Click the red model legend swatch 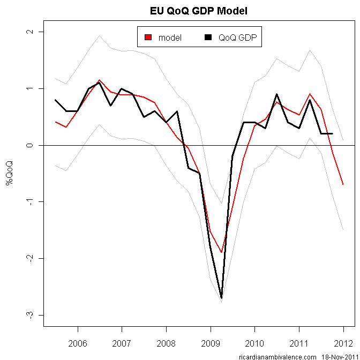click(148, 37)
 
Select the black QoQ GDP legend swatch click(208, 37)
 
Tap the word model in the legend click(170, 37)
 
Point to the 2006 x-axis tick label click(78, 343)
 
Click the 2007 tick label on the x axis click(122, 343)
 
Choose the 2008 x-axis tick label click(166, 343)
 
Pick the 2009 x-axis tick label click(210, 343)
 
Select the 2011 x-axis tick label click(298, 343)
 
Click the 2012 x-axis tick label click(343, 343)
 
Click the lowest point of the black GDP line click(221, 298)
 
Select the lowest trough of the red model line click(221, 252)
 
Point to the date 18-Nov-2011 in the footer click(336, 356)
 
